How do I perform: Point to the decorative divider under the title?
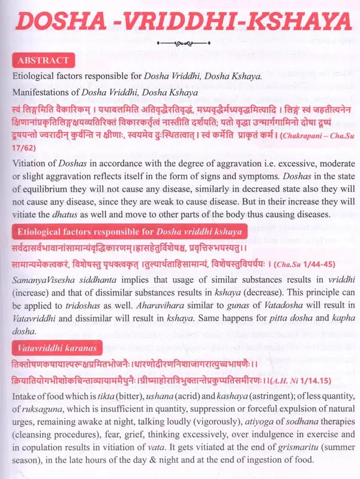point(180,43)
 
